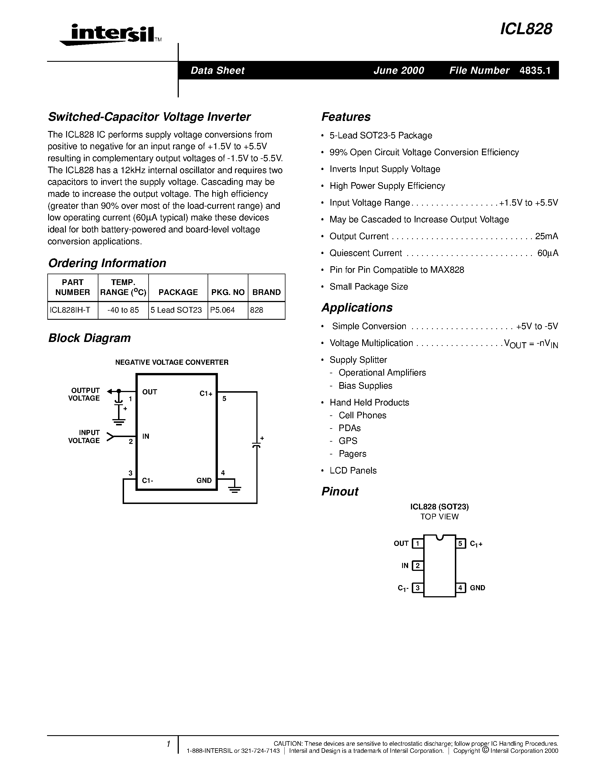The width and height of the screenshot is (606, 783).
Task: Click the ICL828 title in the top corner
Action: point(526,29)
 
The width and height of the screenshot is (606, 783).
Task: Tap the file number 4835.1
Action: point(535,70)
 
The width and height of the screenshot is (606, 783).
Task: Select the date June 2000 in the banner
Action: point(398,70)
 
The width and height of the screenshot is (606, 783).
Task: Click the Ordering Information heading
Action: point(107,263)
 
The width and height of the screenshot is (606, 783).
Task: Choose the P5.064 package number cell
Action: point(223,310)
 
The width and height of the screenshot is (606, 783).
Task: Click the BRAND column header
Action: point(266,292)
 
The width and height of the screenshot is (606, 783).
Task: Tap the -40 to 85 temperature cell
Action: point(123,310)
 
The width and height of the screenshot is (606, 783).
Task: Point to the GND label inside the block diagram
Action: point(204,480)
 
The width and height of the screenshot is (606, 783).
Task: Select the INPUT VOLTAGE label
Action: point(84,437)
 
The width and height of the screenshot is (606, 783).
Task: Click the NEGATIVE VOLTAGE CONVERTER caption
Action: point(172,362)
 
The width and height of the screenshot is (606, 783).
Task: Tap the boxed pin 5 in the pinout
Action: point(460,544)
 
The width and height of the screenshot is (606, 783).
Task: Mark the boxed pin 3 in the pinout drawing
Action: point(417,588)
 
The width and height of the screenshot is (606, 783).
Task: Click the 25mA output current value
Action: point(546,237)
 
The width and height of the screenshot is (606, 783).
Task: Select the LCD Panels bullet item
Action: point(353,471)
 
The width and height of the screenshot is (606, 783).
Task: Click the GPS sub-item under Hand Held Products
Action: point(348,441)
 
